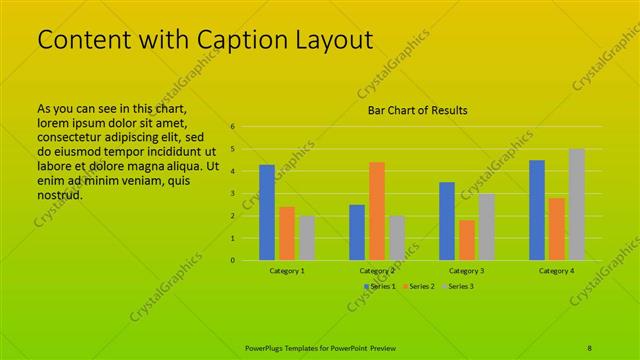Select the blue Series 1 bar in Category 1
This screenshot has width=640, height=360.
pos(267,212)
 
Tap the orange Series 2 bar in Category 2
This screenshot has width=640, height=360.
pos(377,211)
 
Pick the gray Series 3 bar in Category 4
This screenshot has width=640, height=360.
pos(577,204)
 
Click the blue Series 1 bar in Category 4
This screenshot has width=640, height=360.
pos(537,210)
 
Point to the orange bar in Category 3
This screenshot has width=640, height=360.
pos(467,240)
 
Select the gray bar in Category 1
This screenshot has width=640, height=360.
pos(307,238)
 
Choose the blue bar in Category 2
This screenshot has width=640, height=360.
pos(357,232)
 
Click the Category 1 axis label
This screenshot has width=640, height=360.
pos(287,271)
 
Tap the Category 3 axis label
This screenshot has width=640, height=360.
pos(467,271)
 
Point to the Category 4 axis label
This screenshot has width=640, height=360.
pos(557,271)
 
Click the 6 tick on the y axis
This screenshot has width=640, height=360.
pos(232,127)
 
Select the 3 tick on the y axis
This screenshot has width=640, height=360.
pos(232,194)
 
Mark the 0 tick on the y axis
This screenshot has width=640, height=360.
pos(232,261)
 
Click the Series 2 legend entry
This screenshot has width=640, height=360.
pos(421,286)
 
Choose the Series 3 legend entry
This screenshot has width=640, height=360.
pos(460,286)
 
